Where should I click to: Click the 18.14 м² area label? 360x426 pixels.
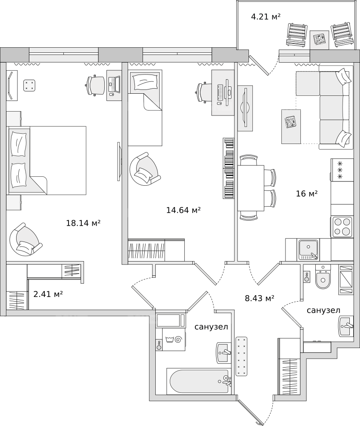83,223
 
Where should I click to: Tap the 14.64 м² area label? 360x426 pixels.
183,210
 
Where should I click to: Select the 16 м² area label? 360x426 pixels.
307,194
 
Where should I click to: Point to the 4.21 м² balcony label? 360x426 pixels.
266,17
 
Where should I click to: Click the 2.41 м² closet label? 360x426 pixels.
48,294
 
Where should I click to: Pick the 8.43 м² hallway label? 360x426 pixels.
260,298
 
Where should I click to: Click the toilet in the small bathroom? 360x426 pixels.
323,276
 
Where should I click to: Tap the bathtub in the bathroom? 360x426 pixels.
198,381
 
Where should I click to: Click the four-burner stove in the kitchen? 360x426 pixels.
342,227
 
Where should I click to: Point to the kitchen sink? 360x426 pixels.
309,249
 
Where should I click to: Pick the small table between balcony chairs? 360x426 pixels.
319,40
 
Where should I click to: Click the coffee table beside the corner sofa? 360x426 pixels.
291,127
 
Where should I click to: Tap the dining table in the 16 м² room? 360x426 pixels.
251,188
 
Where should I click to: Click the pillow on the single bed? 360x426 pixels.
145,81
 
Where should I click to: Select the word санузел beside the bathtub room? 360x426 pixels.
211,327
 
